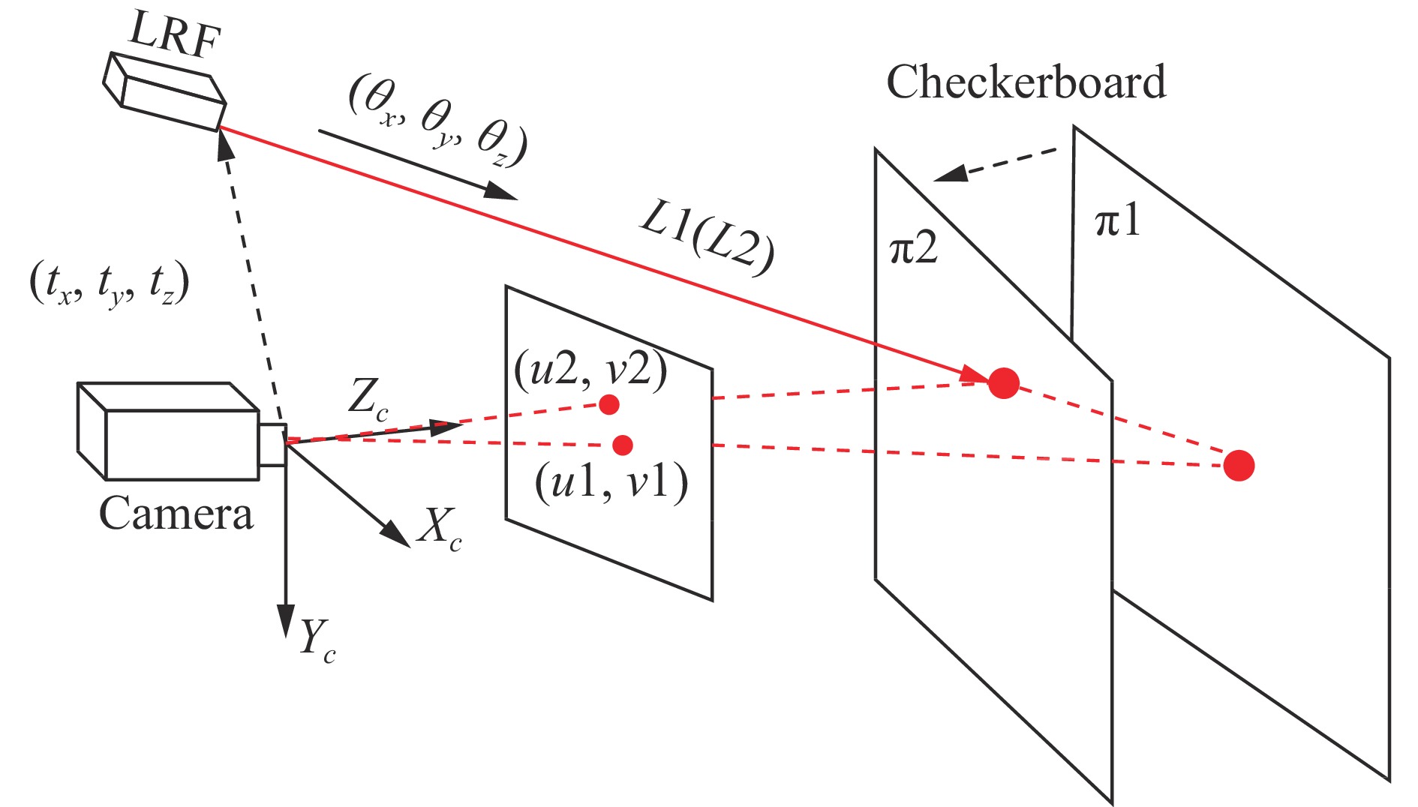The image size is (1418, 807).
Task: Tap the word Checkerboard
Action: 1026,82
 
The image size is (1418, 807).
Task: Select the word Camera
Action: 176,514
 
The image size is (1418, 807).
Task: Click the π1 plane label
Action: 1118,221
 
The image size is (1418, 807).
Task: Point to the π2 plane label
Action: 913,248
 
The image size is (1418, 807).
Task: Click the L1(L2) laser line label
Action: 706,240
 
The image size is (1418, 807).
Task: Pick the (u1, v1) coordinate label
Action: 611,482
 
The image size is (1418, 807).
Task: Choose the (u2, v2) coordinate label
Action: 590,370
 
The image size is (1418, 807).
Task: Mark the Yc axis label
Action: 317,641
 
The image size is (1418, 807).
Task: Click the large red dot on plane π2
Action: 1003,382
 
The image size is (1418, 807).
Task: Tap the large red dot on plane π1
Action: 1239,465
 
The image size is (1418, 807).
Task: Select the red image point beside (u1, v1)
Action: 622,445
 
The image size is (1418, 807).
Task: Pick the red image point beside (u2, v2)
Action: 608,404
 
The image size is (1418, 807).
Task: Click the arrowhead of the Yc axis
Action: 285,622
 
